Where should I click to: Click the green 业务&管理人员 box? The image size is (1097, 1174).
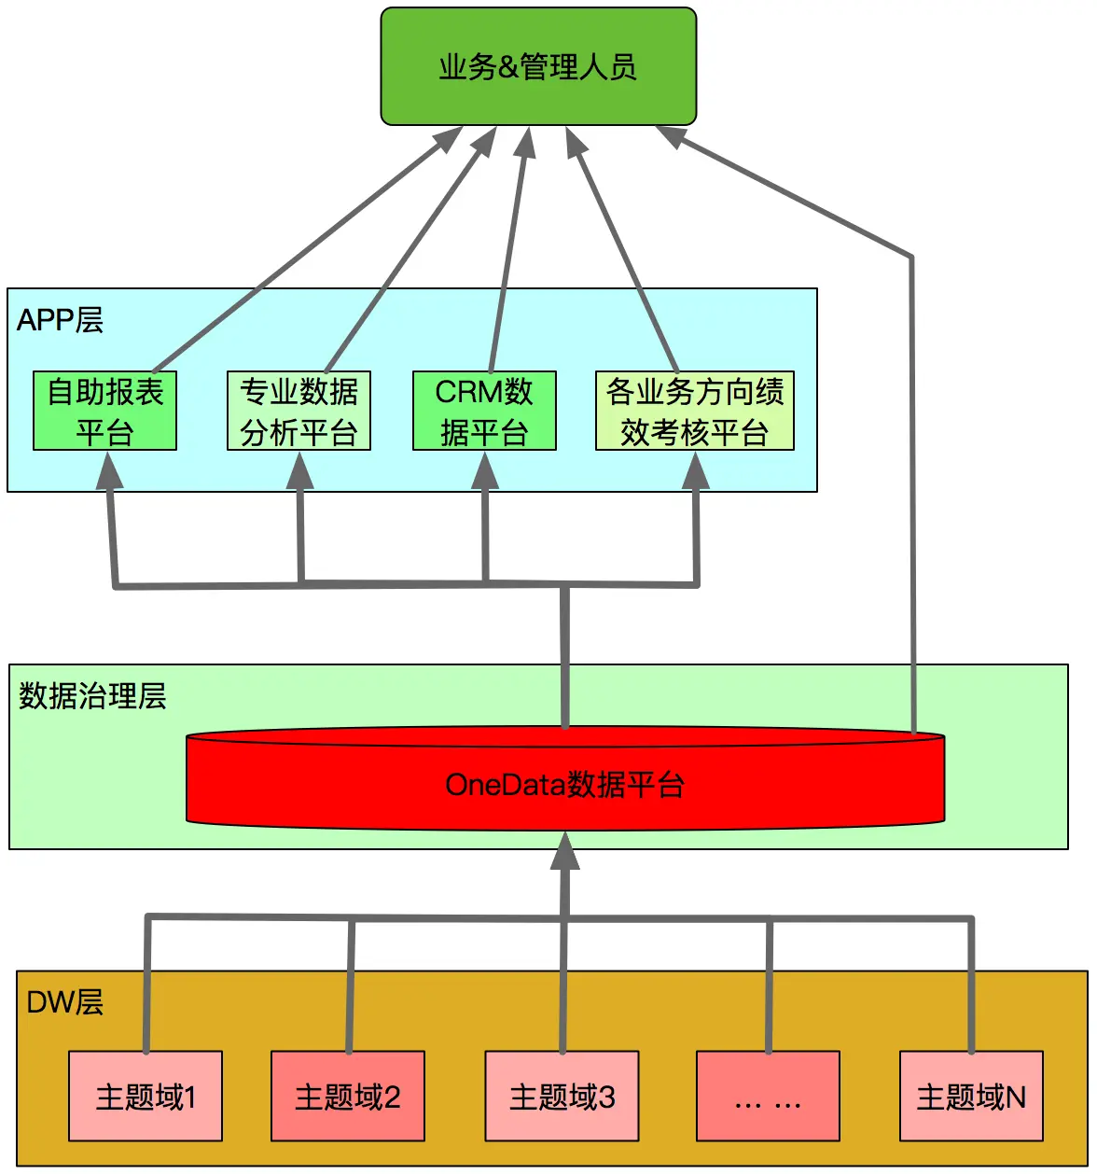(538, 67)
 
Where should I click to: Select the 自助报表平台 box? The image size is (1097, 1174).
(104, 412)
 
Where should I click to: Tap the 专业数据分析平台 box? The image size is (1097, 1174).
(299, 412)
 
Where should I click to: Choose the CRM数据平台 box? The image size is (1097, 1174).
(484, 412)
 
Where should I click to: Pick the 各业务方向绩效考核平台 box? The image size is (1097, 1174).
(694, 412)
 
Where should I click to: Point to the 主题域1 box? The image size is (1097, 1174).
(146, 1097)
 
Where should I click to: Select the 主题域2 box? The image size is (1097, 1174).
(348, 1097)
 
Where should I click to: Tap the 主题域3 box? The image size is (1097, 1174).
(562, 1097)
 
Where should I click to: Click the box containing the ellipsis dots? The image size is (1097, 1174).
(768, 1097)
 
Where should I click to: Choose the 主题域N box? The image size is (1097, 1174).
(971, 1097)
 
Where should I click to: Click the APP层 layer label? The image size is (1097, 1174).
(60, 320)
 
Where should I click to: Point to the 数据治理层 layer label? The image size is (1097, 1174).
(92, 696)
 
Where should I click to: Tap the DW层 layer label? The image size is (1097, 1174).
(64, 1002)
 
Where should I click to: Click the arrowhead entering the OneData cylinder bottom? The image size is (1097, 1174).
(564, 851)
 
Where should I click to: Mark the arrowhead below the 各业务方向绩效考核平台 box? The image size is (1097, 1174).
(696, 472)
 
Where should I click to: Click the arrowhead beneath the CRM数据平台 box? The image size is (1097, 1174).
(484, 472)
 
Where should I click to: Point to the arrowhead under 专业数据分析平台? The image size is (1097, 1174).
(299, 472)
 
